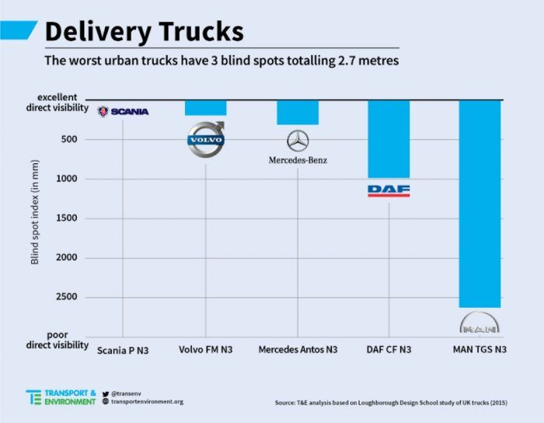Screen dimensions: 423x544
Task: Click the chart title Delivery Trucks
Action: (x=144, y=31)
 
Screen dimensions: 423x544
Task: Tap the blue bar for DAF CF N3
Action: (x=389, y=139)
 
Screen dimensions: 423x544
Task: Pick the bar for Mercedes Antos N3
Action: (x=298, y=112)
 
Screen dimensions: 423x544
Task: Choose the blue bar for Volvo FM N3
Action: (x=205, y=107)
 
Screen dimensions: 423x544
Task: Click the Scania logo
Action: (x=123, y=111)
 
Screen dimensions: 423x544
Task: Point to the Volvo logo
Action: (x=206, y=139)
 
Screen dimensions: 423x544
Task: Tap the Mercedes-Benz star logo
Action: (x=298, y=141)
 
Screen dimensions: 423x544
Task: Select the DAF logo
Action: (x=389, y=190)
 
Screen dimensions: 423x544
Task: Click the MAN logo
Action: (x=479, y=323)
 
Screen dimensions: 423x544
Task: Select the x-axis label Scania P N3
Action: (x=123, y=350)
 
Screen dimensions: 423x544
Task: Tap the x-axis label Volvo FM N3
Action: (x=206, y=350)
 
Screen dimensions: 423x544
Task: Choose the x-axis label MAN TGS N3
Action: (x=479, y=350)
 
